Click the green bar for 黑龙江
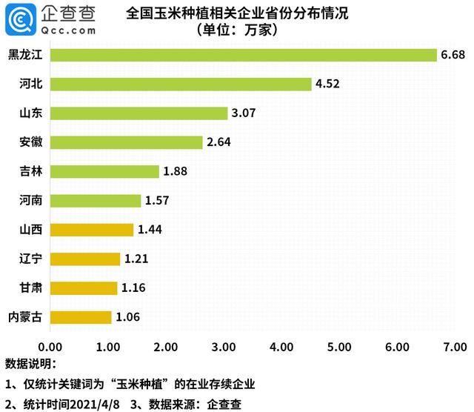(244, 56)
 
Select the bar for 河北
(181, 84)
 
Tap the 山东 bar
(139, 113)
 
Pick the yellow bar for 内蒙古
(81, 316)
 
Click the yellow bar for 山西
(93, 230)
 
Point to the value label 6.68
(453, 56)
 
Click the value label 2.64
(220, 142)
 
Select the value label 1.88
(176, 171)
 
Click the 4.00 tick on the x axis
(281, 347)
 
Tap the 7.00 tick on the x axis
(455, 347)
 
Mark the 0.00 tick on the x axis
(51, 347)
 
